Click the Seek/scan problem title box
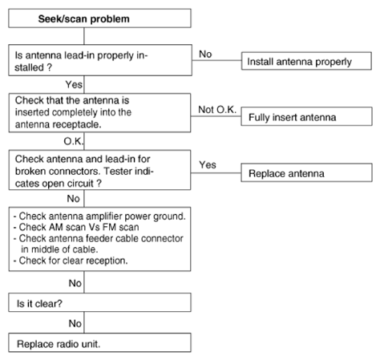click(x=99, y=18)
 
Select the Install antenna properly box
click(x=306, y=61)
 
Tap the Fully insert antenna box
click(x=306, y=116)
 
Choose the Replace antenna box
click(x=306, y=172)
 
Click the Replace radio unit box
click(x=99, y=342)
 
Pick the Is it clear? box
click(x=99, y=302)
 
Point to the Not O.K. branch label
click(x=217, y=110)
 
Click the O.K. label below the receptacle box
click(x=74, y=141)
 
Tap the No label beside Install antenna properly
click(x=205, y=55)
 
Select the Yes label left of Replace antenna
click(x=208, y=164)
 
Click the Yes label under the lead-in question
click(x=74, y=84)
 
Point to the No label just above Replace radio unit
click(x=75, y=323)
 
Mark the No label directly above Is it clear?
click(x=75, y=283)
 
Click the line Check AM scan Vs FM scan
click(x=76, y=227)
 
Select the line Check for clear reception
click(x=71, y=261)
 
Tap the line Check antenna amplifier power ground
click(x=99, y=216)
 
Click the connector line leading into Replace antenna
click(x=216, y=173)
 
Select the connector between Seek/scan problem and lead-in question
click(x=84, y=36)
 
